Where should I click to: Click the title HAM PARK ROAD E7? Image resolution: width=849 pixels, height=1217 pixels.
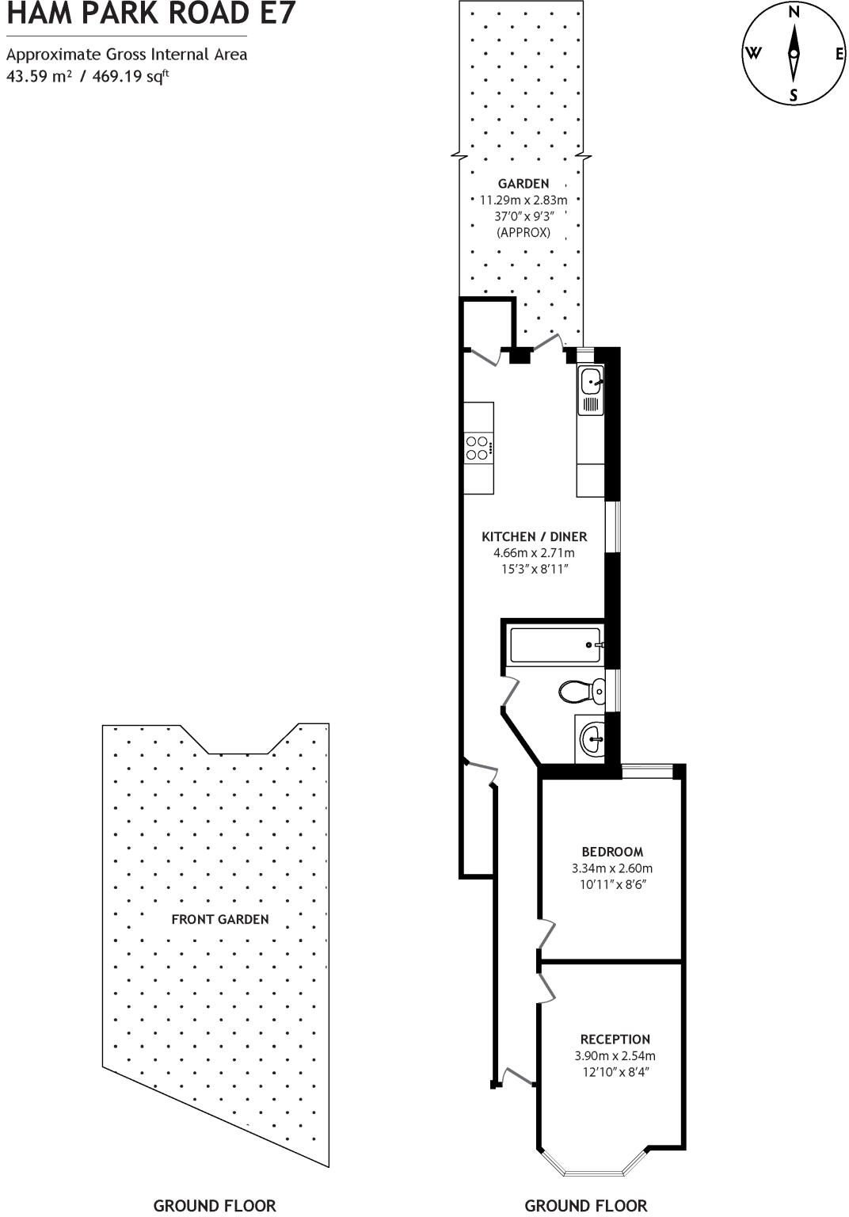click(150, 13)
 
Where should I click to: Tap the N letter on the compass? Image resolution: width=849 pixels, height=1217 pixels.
click(794, 11)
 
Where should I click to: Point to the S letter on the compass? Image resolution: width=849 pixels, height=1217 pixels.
click(794, 97)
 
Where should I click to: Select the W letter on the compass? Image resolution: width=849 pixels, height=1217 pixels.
click(752, 54)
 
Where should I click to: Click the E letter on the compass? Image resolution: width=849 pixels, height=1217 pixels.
click(839, 54)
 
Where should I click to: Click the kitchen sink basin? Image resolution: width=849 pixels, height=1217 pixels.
click(591, 382)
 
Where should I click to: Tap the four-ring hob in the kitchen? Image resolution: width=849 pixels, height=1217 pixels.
click(477, 448)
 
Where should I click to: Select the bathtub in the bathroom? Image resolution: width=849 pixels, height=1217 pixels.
click(555, 645)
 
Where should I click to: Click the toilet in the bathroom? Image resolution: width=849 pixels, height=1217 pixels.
click(581, 691)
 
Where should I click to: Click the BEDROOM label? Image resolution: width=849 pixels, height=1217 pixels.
click(612, 852)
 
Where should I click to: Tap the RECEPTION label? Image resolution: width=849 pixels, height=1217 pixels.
click(615, 1039)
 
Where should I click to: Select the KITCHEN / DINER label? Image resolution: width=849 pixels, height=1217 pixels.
click(534, 536)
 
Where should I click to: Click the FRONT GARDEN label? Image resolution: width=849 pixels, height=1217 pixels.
click(220, 919)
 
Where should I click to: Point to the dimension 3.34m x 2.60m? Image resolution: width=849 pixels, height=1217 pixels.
click(612, 868)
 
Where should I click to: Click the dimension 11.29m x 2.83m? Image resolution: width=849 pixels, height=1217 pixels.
click(523, 200)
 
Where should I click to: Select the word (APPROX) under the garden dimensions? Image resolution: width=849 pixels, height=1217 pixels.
click(523, 233)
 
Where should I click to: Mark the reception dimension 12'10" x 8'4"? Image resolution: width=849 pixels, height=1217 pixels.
click(615, 1072)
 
